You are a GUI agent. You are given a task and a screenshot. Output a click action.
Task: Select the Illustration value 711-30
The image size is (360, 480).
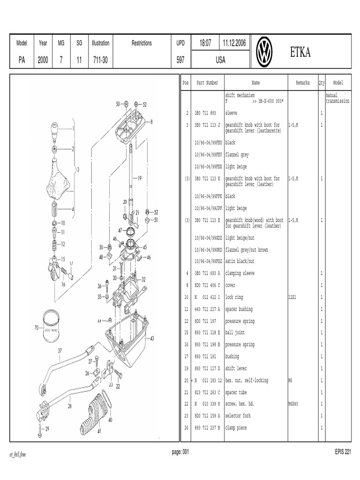(100, 60)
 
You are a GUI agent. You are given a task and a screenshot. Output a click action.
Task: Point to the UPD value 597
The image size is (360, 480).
(180, 60)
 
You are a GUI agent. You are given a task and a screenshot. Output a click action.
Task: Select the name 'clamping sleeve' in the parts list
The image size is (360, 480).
(240, 273)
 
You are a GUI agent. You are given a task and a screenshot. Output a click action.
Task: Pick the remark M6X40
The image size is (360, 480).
(294, 404)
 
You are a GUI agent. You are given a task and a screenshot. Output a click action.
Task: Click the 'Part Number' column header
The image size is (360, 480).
(207, 83)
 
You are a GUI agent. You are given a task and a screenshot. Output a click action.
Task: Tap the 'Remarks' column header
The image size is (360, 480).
(303, 83)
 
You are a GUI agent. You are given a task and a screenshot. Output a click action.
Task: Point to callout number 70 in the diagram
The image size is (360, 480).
(36, 328)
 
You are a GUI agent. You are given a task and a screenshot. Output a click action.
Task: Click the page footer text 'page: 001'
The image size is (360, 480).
(180, 452)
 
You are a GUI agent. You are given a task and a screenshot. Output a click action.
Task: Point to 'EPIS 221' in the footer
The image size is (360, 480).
(342, 452)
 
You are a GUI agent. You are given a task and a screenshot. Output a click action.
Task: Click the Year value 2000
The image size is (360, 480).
(43, 60)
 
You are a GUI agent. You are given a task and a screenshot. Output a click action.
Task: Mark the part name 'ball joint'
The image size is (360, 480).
(236, 333)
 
